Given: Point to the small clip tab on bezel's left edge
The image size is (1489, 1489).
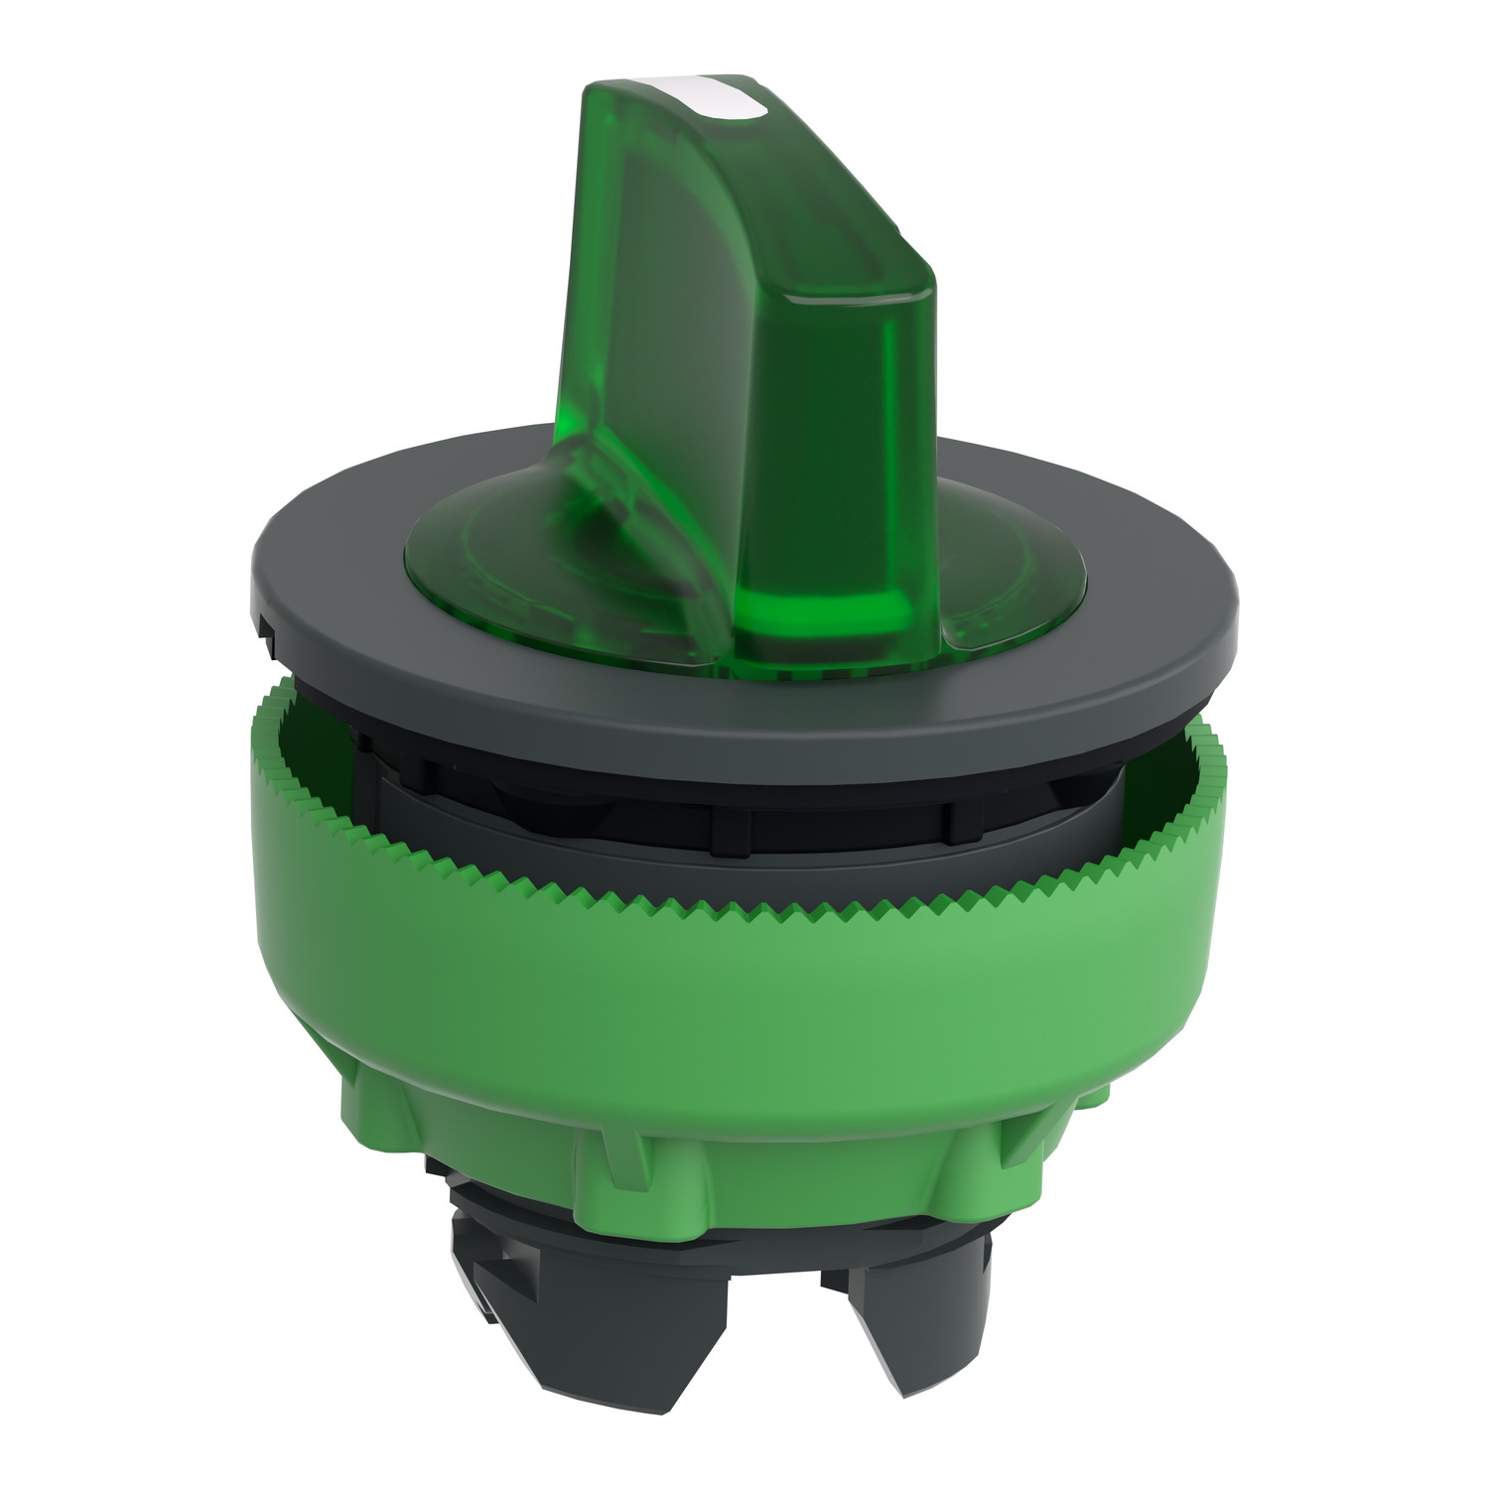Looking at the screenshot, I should coord(270,645).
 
